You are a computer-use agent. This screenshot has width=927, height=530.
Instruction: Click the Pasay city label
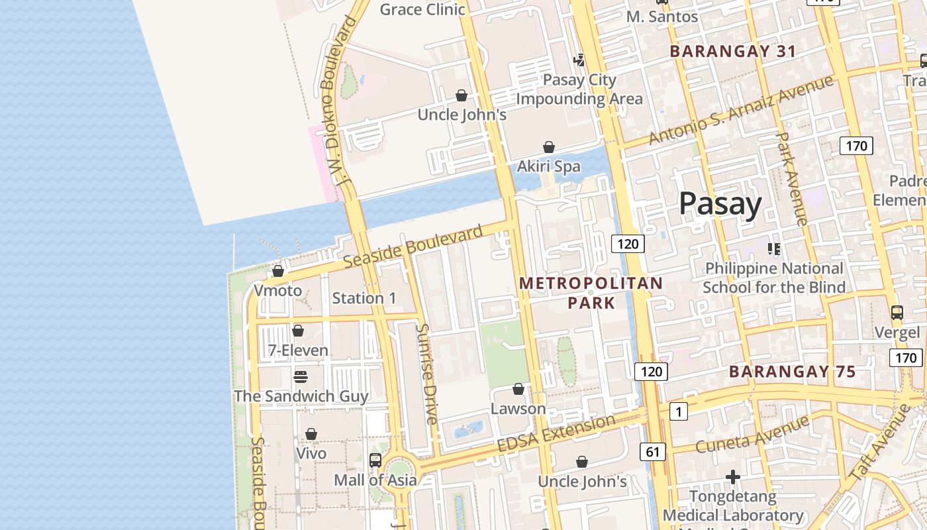(x=720, y=203)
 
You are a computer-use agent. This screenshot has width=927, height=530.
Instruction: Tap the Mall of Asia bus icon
(x=375, y=460)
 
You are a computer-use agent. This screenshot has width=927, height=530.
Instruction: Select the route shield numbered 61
(x=653, y=452)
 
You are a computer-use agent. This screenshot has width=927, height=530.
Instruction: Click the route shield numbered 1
(x=678, y=412)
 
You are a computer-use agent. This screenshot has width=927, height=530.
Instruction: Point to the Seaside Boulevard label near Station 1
(x=413, y=247)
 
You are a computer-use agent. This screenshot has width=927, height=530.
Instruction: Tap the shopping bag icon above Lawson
(x=518, y=389)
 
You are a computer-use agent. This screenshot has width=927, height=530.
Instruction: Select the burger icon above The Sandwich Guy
(x=301, y=377)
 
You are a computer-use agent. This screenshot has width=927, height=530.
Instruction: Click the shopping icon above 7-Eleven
(x=298, y=331)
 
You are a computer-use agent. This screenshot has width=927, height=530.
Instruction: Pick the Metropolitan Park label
(x=591, y=293)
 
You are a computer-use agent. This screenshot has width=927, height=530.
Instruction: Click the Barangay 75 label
(x=793, y=372)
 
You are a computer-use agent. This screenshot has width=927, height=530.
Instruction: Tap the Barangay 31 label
(x=733, y=51)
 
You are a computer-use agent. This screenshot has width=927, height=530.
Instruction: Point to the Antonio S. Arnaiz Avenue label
(x=741, y=110)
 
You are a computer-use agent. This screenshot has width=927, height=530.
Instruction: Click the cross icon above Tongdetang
(x=732, y=477)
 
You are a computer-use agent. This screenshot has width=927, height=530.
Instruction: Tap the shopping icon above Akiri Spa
(x=549, y=147)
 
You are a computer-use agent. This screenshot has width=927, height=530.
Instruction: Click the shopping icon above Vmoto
(x=278, y=272)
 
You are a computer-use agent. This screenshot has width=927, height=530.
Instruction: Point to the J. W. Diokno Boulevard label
(x=337, y=99)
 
